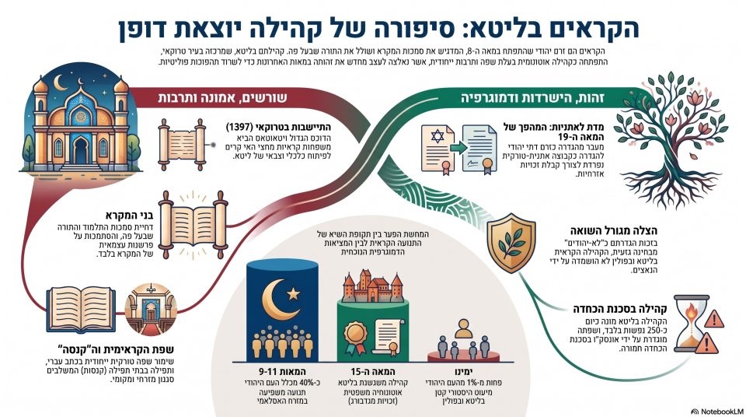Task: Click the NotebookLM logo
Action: pyautogui.click(x=716, y=411)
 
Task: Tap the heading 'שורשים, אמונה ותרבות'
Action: pyautogui.click(x=223, y=98)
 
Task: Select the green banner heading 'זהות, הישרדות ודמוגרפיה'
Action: pyautogui.click(x=532, y=98)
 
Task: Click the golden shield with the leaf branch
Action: pyautogui.click(x=511, y=242)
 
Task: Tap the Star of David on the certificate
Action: pyautogui.click(x=437, y=137)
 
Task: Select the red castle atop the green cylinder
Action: pyautogui.click(x=372, y=286)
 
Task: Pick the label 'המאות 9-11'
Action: pyautogui.click(x=282, y=371)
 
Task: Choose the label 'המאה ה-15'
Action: pyautogui.click(x=372, y=371)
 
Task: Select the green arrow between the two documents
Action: pyautogui.click(x=458, y=149)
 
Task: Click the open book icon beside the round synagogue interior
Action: pyautogui.click(x=81, y=310)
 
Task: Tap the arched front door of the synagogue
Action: pyautogui.click(x=81, y=150)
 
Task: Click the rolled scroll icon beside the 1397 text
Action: pyautogui.click(x=182, y=145)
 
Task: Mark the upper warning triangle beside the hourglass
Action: pyautogui.click(x=713, y=319)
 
